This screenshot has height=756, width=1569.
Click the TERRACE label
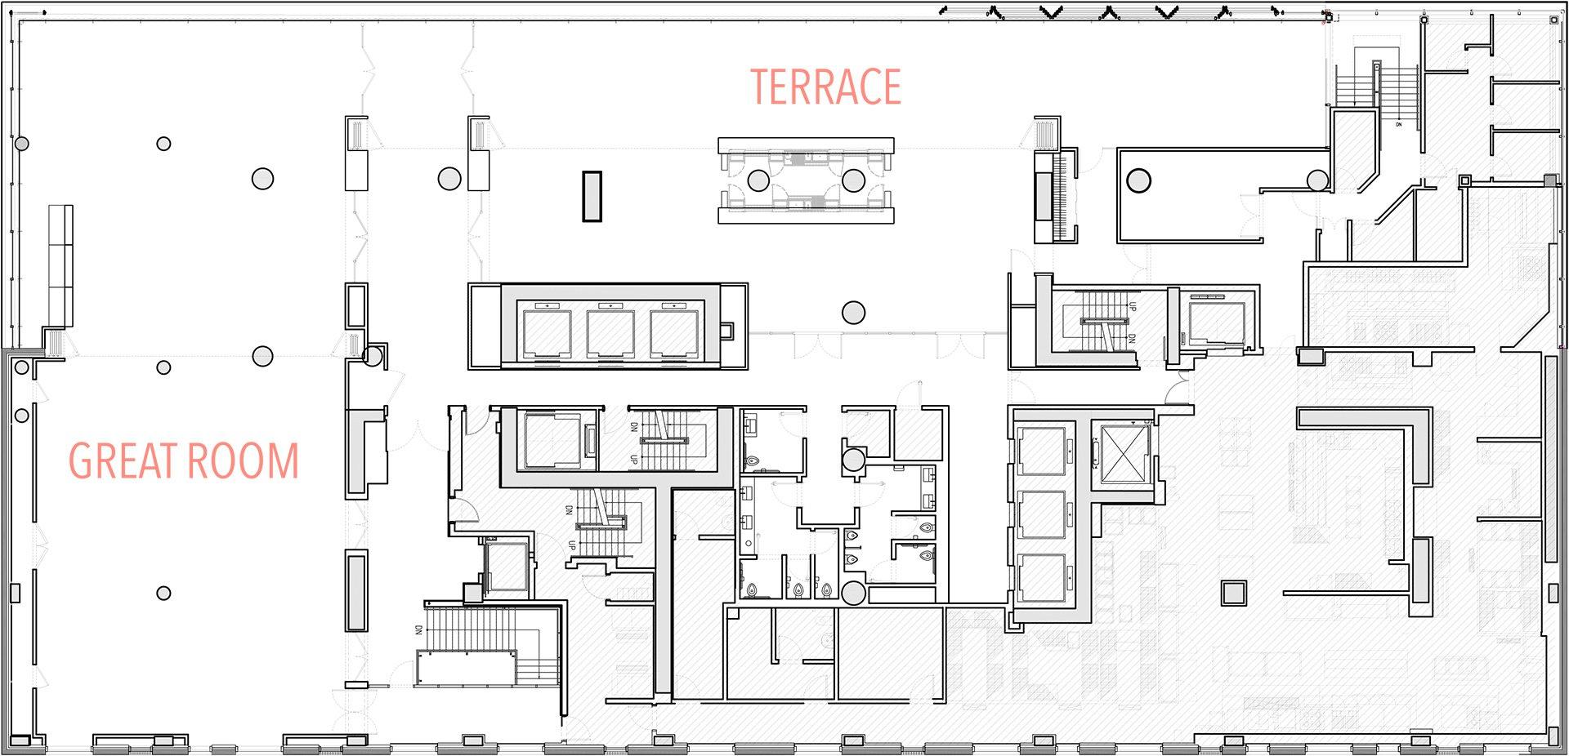pos(825,87)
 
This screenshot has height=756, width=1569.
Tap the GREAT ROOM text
pos(184,460)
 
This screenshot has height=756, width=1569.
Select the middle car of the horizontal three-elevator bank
pos(610,332)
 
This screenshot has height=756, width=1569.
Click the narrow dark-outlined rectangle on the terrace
pos(592,196)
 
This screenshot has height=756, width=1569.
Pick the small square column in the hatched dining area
pos(1233,593)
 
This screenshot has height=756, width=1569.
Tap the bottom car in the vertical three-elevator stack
pos(1042,578)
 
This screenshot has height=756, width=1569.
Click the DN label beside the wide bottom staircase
pos(418,630)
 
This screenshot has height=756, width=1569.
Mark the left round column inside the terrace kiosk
pos(758,180)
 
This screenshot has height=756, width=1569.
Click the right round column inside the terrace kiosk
pos(853,180)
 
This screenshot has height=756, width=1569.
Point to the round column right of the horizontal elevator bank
pos(853,312)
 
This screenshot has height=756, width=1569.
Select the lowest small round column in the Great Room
pos(163,594)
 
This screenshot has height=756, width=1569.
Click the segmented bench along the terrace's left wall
pos(60,266)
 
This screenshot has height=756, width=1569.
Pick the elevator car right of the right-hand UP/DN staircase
pos(1216,322)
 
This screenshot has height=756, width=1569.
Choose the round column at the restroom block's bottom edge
pos(853,594)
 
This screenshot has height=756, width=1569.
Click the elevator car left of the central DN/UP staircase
pos(551,441)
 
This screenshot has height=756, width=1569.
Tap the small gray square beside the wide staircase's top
pos(472,593)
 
